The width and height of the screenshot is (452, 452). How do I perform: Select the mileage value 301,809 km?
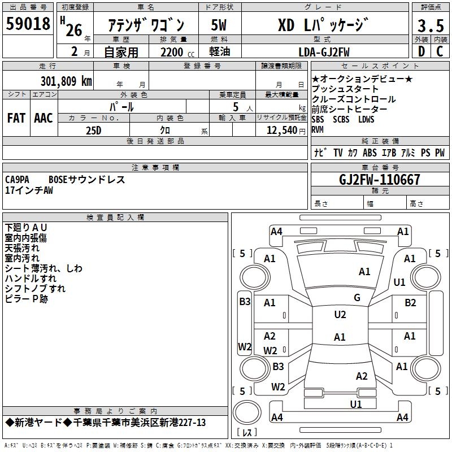(x=66, y=81)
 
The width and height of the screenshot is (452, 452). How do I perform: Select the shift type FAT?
(x=16, y=118)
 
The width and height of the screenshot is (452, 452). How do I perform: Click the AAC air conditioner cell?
(x=44, y=118)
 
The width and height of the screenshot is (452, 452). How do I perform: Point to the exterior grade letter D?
(x=421, y=52)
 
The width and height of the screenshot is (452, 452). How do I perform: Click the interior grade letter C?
(x=440, y=52)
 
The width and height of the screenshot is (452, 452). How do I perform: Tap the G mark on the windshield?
(x=357, y=298)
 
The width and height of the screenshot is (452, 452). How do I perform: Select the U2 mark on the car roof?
(x=340, y=315)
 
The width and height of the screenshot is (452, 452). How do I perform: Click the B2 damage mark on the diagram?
(x=410, y=303)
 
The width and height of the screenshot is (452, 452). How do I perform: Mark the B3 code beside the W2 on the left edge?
(x=244, y=302)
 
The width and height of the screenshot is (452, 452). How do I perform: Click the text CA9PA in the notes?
(x=19, y=180)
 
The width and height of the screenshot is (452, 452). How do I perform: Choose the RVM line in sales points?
(x=318, y=129)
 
